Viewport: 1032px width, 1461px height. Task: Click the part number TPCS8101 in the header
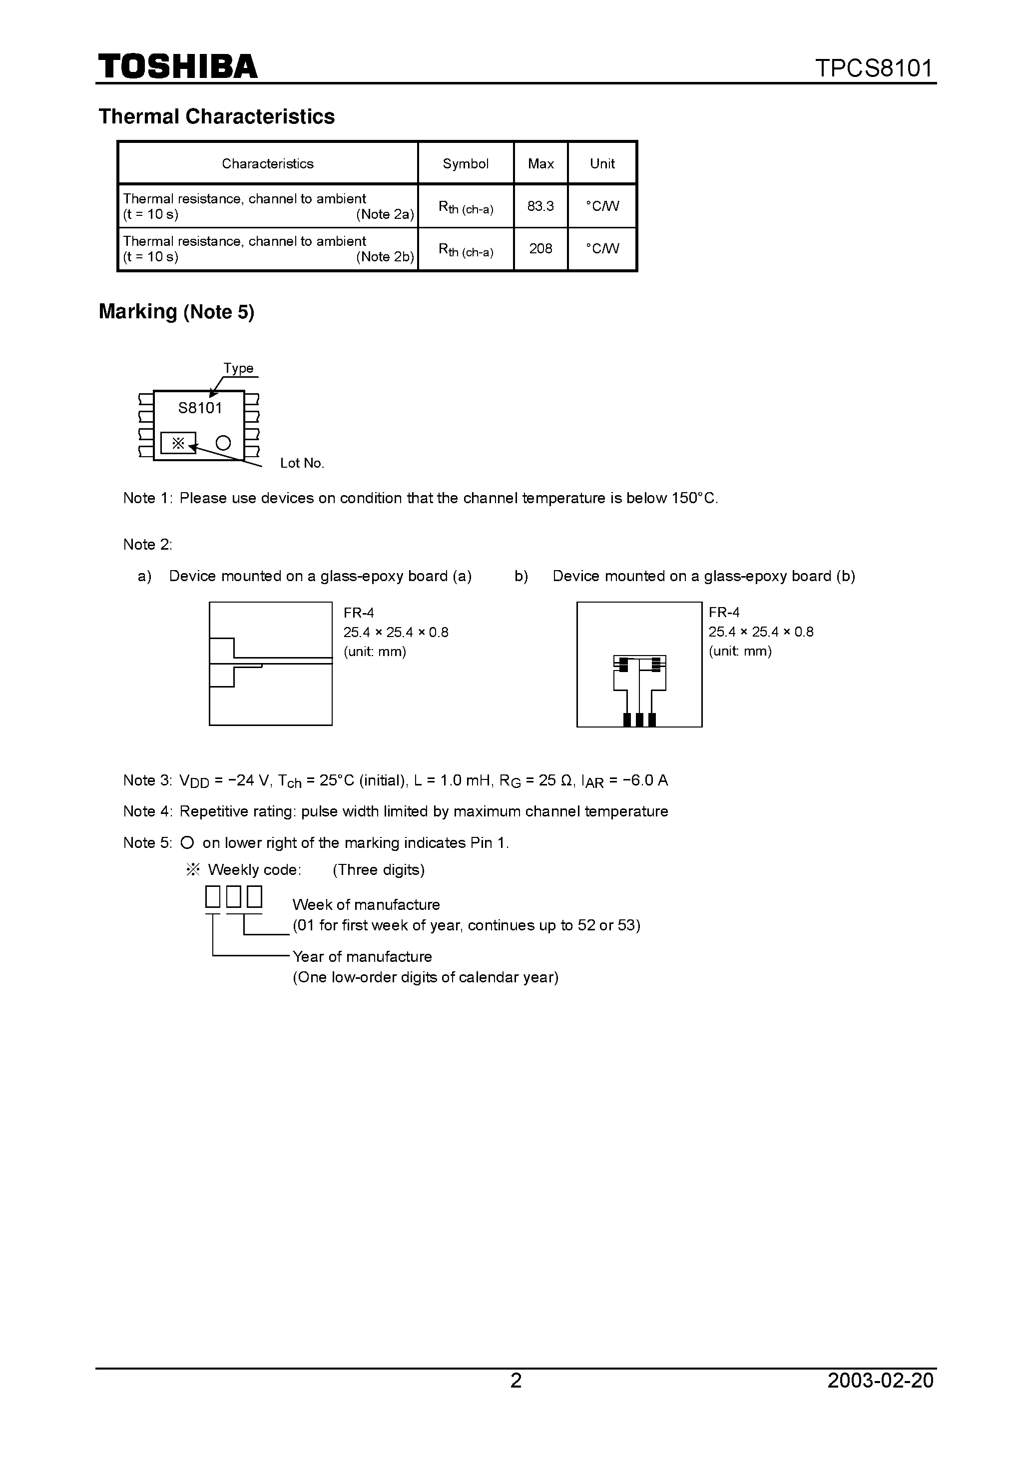874,67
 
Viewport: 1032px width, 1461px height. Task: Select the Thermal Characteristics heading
216,116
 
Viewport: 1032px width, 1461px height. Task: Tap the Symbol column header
465,163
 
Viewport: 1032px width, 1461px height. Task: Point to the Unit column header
602,163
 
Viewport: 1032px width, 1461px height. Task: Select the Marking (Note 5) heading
176,312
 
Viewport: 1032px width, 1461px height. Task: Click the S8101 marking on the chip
200,408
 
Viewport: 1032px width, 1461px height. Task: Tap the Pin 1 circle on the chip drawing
223,443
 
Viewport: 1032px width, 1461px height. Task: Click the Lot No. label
302,463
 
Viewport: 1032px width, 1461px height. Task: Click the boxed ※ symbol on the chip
178,443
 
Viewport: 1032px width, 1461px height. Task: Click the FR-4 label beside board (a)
359,613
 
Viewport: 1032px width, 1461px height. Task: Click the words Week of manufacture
366,905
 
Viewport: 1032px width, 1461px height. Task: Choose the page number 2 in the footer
516,1380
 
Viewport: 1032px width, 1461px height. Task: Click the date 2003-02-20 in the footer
881,1380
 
